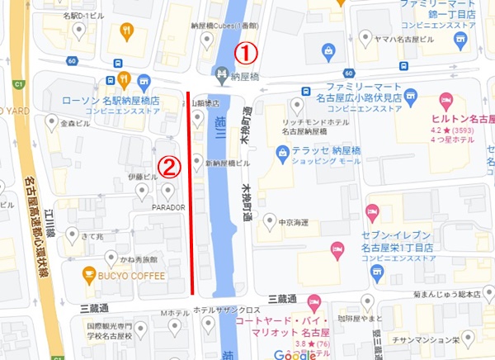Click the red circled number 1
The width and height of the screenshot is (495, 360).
247,52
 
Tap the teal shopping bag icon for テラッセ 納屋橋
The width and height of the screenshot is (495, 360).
282,152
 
